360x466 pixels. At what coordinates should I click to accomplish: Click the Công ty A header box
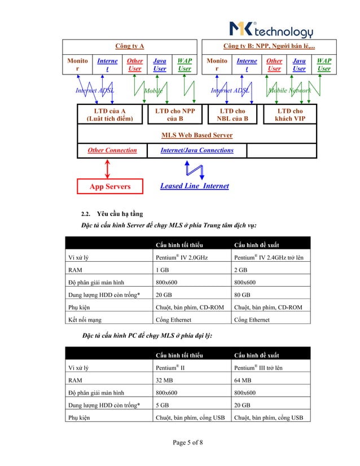click(130, 45)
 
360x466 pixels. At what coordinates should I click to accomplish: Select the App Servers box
click(110, 186)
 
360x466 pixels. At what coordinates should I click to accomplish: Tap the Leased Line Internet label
click(194, 186)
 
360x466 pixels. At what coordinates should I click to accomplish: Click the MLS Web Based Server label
click(196, 135)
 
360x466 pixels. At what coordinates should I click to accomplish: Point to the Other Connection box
click(112, 150)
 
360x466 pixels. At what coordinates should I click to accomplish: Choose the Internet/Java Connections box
click(196, 150)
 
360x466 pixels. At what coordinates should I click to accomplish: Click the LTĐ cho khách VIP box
click(290, 115)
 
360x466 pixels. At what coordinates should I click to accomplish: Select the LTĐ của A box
click(109, 115)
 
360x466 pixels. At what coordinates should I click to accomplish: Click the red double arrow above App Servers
click(108, 168)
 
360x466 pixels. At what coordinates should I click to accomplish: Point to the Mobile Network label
click(289, 90)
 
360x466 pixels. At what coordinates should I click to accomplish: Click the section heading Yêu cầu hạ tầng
click(120, 214)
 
